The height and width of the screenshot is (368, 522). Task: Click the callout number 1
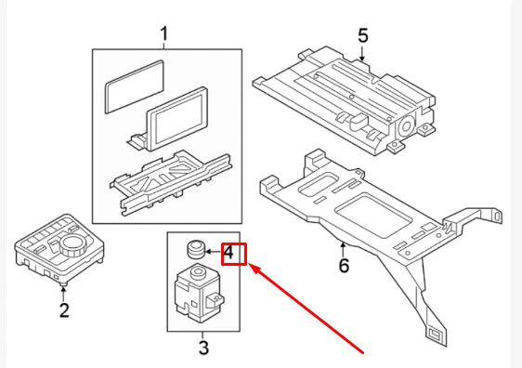pyautogui.click(x=163, y=35)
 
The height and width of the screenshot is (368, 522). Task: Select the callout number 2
pyautogui.click(x=64, y=310)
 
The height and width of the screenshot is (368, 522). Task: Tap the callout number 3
pyautogui.click(x=203, y=348)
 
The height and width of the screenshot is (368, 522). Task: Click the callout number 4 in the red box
pyautogui.click(x=233, y=252)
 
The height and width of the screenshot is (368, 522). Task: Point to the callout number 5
pyautogui.click(x=363, y=36)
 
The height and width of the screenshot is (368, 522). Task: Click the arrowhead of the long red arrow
pyautogui.click(x=254, y=268)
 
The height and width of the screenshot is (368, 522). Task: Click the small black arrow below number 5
pyautogui.click(x=363, y=58)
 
